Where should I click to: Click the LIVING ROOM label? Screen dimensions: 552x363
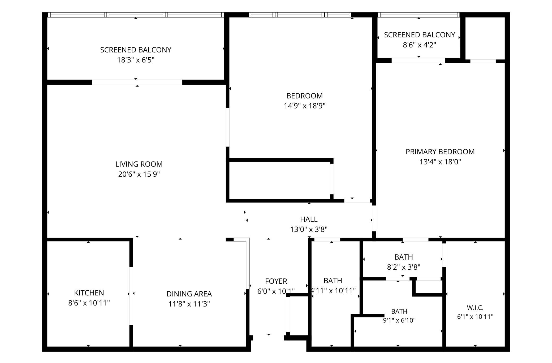click(x=139, y=164)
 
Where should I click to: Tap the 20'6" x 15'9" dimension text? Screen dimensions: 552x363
click(x=139, y=174)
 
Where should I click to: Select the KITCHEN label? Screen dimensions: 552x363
click(x=89, y=293)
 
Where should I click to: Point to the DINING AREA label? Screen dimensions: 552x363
click(x=189, y=294)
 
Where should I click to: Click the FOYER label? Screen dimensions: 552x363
click(x=276, y=281)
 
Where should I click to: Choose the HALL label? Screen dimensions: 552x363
click(x=309, y=219)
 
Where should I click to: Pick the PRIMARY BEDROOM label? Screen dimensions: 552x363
click(x=440, y=152)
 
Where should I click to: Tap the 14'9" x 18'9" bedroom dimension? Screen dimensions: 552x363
click(x=304, y=106)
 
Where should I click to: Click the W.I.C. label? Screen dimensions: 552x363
click(x=475, y=308)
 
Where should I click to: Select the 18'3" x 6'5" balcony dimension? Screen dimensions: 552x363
click(x=136, y=60)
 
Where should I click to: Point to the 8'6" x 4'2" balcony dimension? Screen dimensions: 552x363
click(x=419, y=45)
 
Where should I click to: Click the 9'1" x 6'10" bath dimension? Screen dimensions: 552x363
click(x=399, y=320)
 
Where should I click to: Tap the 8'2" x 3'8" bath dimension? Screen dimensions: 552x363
click(x=403, y=267)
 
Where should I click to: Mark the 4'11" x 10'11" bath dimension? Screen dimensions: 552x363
click(x=333, y=291)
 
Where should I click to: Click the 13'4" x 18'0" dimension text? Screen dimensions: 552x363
click(x=440, y=162)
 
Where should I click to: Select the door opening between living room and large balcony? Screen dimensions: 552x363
click(x=137, y=82)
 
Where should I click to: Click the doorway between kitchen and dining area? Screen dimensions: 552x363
click(x=131, y=296)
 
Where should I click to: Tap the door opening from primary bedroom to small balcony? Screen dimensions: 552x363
click(x=418, y=60)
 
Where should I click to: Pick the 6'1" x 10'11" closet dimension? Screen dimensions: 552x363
click(x=475, y=317)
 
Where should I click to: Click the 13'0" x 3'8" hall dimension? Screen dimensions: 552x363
click(x=309, y=229)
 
